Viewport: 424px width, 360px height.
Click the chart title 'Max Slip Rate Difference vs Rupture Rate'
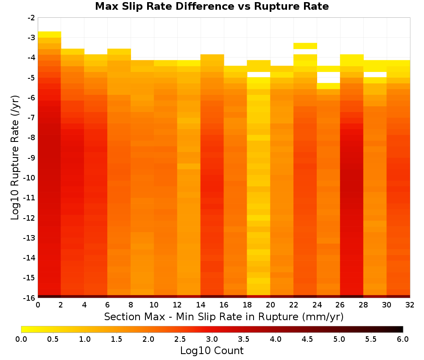click(x=212, y=6)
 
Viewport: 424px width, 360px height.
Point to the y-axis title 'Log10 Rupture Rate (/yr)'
click(x=15, y=158)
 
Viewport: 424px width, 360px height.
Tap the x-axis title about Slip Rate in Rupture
click(x=223, y=316)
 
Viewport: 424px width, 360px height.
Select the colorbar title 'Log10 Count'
click(x=212, y=351)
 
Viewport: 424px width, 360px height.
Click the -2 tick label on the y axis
click(x=31, y=18)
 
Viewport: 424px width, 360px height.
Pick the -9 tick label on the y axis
click(x=31, y=158)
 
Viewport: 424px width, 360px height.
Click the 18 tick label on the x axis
click(x=247, y=305)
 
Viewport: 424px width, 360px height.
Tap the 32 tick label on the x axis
click(x=410, y=305)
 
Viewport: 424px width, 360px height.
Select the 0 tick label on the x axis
click(x=38, y=305)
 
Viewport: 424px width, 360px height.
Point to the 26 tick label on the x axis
click(x=340, y=305)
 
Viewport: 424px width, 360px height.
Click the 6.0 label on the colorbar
click(x=403, y=339)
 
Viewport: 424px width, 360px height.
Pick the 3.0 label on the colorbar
click(x=212, y=339)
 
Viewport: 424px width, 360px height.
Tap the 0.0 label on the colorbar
click(x=21, y=339)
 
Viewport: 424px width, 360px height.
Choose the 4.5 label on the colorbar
click(x=307, y=339)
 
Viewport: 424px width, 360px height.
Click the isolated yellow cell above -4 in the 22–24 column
click(x=305, y=46)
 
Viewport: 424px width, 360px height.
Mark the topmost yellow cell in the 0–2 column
click(x=50, y=35)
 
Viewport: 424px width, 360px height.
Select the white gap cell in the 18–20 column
click(x=259, y=75)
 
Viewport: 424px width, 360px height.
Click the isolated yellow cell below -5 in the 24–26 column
click(x=329, y=86)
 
